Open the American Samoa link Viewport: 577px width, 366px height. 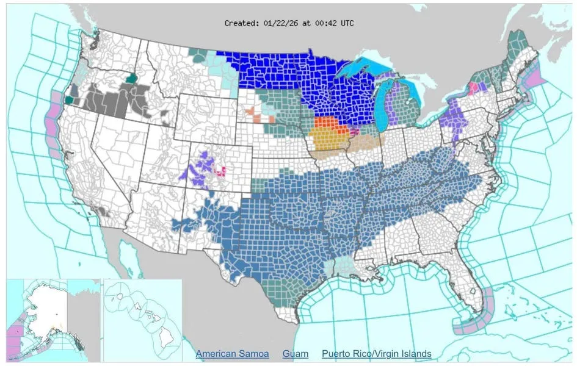coord(232,354)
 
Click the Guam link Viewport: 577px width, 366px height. coord(295,354)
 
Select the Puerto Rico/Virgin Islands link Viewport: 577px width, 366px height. coord(376,354)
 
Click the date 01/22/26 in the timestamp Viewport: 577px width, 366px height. coord(280,23)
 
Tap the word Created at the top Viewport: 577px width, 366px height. coord(241,23)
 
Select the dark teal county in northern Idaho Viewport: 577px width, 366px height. coord(132,78)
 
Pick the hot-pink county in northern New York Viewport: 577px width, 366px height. coord(472,88)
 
